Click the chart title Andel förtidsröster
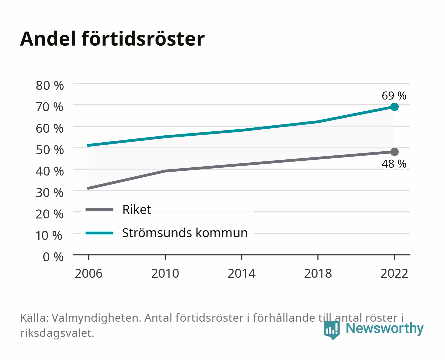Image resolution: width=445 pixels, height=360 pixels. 112,39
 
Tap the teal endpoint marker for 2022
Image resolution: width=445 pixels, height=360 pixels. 394,107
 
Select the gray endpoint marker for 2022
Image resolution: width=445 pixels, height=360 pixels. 394,152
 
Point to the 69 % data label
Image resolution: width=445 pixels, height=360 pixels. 394,96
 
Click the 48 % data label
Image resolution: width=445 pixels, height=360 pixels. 394,164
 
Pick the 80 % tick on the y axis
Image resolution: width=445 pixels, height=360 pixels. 50,86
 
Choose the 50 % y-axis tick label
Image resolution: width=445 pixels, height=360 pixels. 50,150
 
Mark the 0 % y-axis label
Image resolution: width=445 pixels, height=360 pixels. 53,257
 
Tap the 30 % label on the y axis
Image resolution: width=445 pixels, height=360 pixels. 50,193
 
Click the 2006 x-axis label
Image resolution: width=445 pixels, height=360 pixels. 89,273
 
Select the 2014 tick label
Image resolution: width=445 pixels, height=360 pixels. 241,273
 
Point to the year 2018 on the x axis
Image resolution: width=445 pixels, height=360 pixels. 318,273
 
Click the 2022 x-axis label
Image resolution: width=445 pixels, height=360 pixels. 394,273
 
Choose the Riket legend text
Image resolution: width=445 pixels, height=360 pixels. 137,209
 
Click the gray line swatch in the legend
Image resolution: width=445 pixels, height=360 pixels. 100,209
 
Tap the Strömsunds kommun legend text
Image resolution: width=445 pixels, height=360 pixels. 185,233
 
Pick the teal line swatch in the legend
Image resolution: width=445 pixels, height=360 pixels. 100,233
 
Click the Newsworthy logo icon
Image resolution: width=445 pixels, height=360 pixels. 331,330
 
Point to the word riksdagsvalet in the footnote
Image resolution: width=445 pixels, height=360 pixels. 57,333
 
